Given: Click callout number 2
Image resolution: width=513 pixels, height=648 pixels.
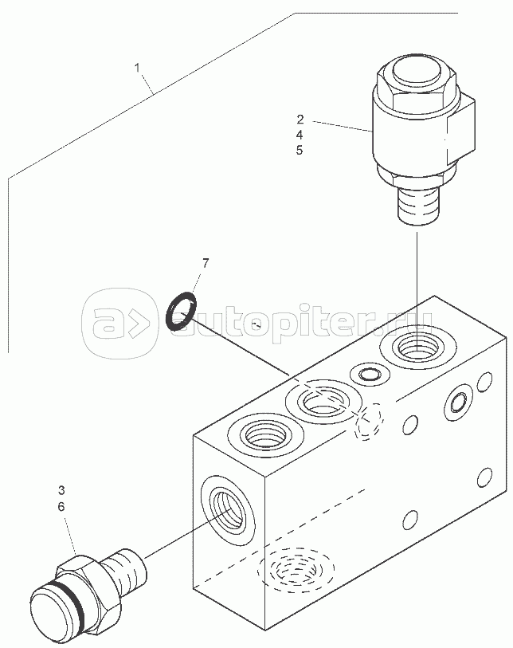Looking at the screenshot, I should click(x=300, y=120).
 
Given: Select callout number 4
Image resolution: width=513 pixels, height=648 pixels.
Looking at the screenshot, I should click(x=300, y=135).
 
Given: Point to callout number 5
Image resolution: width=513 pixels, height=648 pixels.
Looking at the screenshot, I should click(x=300, y=150).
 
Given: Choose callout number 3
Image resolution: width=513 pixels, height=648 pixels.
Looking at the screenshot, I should click(x=61, y=489).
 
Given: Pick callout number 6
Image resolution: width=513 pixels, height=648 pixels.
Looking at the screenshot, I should click(x=61, y=505).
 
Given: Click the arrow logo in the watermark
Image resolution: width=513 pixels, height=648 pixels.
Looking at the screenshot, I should click(x=122, y=324).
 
